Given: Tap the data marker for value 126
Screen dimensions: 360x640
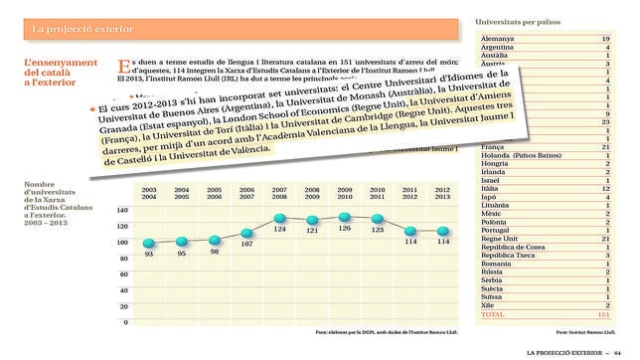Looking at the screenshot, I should click(345, 217).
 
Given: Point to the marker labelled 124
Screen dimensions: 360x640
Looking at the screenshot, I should click(279, 218).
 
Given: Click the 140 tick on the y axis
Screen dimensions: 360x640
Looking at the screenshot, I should click(122, 211).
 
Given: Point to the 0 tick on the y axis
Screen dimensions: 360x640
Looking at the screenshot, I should click(125, 322).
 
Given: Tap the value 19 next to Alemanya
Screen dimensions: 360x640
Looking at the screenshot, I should click(605, 38).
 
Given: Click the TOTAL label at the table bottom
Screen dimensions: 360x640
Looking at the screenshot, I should click(494, 314).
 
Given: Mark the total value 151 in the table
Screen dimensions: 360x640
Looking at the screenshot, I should click(603, 314).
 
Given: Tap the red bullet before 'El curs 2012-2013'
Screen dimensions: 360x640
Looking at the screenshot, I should click(93, 106).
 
